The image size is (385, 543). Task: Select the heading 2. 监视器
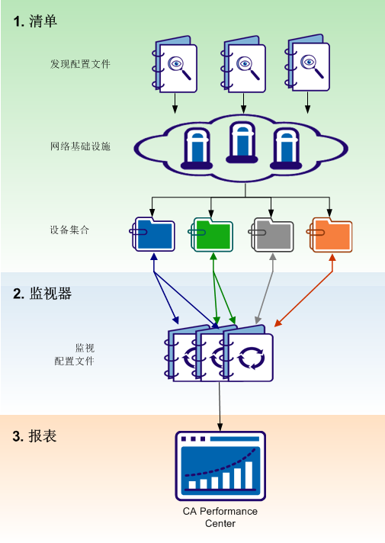tap(43, 294)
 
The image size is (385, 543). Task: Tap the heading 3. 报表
tap(35, 436)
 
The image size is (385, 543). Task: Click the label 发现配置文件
tap(81, 64)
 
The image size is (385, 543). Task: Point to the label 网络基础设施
tap(81, 146)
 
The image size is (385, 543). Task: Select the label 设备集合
tap(70, 229)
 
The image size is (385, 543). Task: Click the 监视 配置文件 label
tap(75, 354)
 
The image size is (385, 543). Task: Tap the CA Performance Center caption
tap(220, 517)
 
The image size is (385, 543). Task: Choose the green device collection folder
tap(212, 234)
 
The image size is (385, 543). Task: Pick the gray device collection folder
tap(272, 234)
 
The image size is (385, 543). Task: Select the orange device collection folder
tap(331, 234)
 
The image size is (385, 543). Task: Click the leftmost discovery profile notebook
tap(175, 64)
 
